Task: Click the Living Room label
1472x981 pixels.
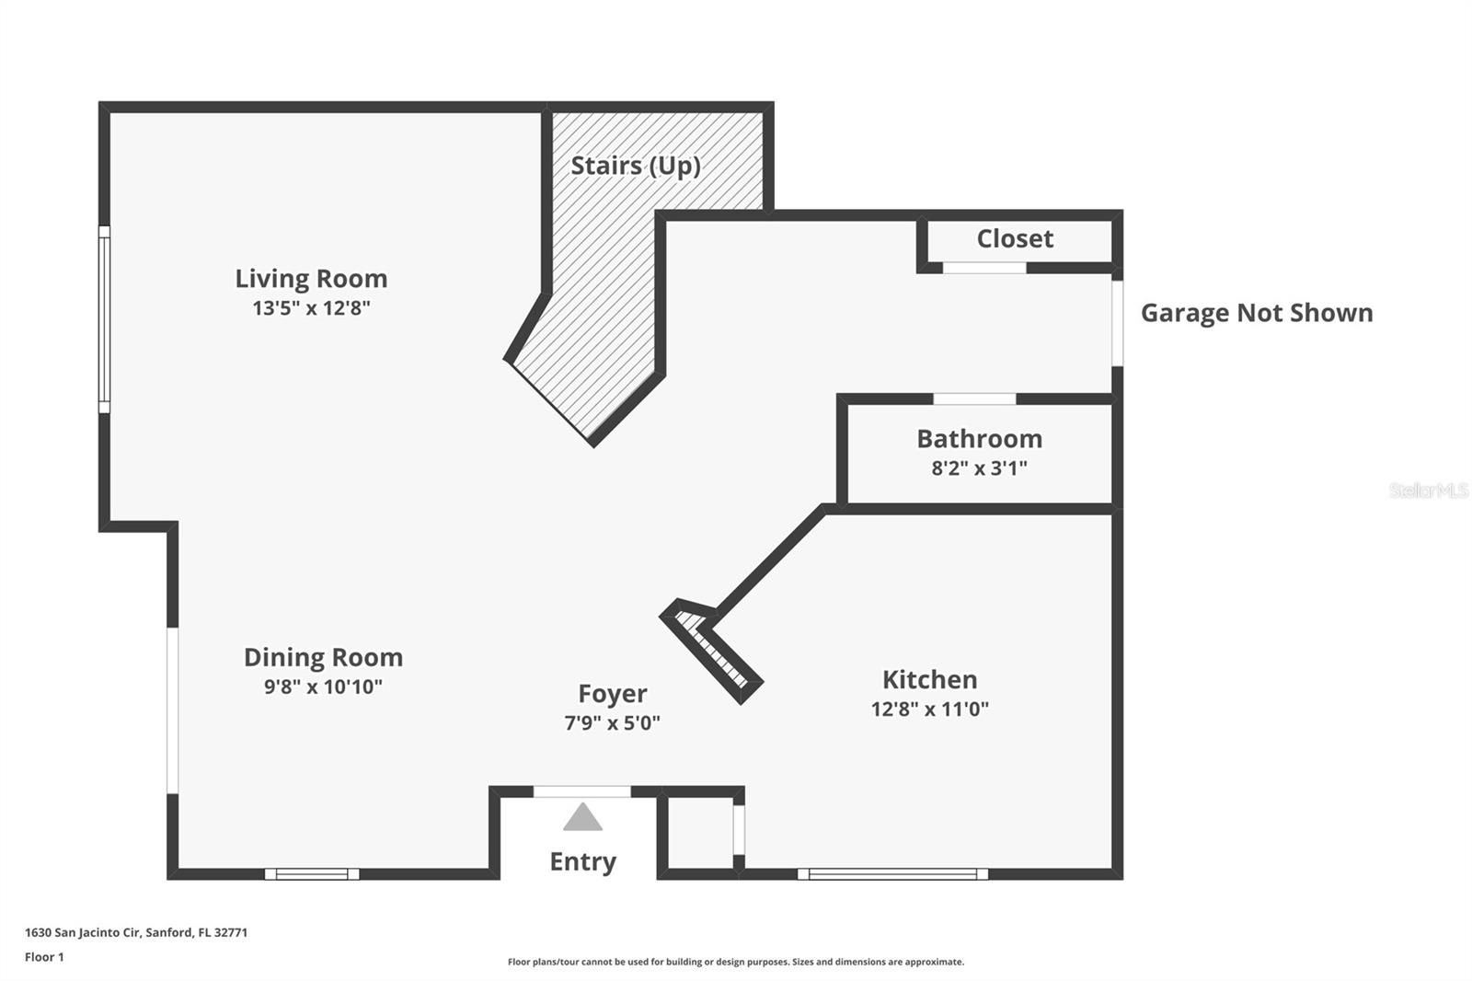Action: click(311, 279)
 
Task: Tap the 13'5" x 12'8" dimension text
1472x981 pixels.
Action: click(311, 308)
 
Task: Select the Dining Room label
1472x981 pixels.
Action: click(323, 658)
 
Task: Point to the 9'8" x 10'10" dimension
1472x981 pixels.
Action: click(323, 687)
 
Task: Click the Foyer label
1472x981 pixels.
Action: click(612, 694)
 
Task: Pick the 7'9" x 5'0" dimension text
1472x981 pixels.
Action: click(612, 723)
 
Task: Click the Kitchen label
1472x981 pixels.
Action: click(929, 680)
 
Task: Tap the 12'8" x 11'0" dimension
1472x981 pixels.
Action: click(929, 709)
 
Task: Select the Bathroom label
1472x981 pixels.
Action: click(979, 439)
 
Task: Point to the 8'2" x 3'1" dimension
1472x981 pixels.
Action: click(979, 468)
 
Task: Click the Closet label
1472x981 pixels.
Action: click(1015, 239)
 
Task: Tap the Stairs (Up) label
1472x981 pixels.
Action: click(636, 166)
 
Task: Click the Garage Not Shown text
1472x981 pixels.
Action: click(1257, 313)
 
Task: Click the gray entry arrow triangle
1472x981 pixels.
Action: click(582, 818)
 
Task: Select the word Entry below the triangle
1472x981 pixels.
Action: click(582, 862)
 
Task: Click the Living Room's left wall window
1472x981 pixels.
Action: click(104, 319)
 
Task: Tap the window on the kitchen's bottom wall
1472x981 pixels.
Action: click(892, 873)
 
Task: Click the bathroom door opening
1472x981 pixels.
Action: click(974, 398)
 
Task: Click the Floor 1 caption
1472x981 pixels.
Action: click(44, 957)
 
